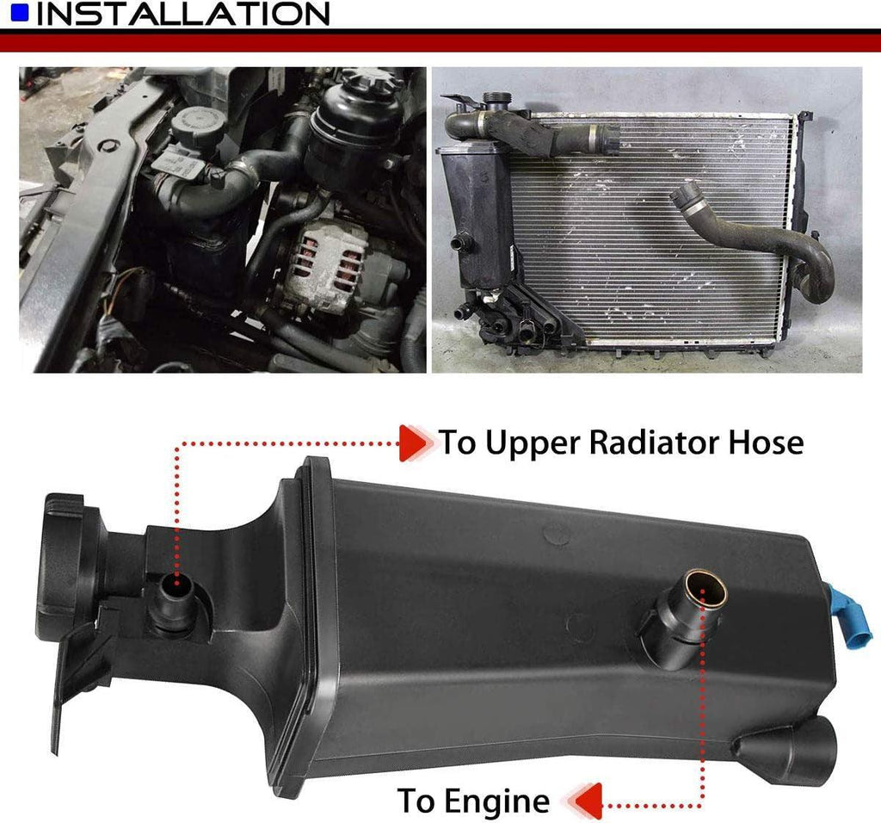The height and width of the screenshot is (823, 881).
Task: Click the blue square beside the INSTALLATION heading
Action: pyautogui.click(x=19, y=12)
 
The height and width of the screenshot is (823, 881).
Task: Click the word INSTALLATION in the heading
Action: pyautogui.click(x=182, y=14)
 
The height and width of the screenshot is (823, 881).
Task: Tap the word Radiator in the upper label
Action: pyautogui.click(x=655, y=442)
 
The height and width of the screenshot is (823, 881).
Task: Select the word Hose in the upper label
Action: pyautogui.click(x=767, y=442)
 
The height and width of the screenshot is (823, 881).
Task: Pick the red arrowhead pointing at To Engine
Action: pyautogui.click(x=584, y=801)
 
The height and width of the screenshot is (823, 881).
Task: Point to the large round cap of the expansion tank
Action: pyautogui.click(x=62, y=568)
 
